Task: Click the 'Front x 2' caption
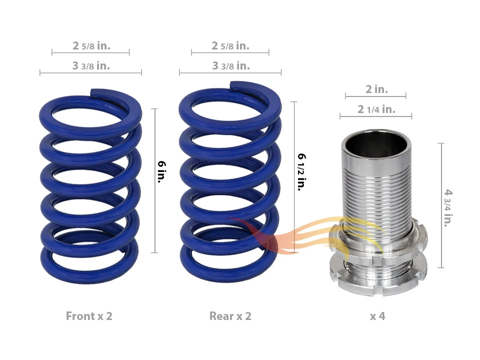89,316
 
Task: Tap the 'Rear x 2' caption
230,316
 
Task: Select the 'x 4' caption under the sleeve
377,316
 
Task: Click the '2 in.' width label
376,89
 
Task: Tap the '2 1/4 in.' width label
376,109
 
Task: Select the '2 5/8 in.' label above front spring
91,46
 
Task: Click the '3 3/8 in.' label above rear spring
230,66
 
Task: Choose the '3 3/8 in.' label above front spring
91,66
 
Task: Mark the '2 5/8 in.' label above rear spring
230,46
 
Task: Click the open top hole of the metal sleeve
376,145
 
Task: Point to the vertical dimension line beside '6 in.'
156,180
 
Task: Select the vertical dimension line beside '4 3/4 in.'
441,205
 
